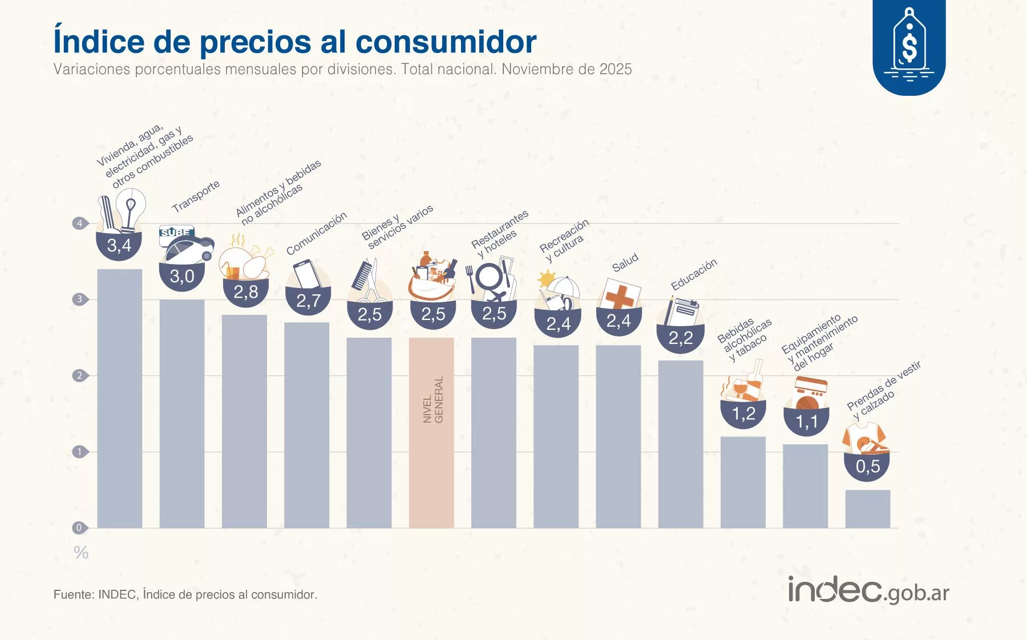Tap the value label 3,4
click(119, 246)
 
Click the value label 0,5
click(867, 467)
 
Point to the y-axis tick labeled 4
click(79, 223)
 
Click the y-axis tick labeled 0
click(79, 528)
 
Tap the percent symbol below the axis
click(81, 553)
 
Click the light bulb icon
click(132, 208)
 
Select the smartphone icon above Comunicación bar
click(306, 274)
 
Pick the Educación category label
click(693, 274)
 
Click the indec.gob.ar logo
click(868, 590)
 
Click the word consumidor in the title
click(446, 41)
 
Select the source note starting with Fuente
click(185, 594)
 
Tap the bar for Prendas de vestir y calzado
click(867, 509)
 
